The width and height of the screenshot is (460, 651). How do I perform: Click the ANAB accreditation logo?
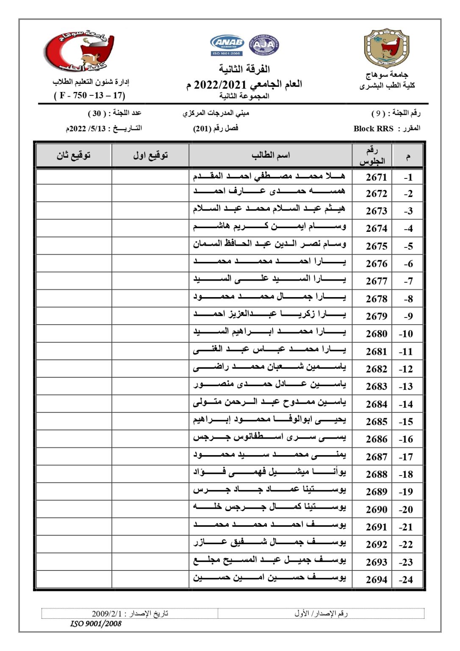227,45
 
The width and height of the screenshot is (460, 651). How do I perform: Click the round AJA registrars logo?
263,45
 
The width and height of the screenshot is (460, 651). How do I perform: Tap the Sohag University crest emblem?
386,48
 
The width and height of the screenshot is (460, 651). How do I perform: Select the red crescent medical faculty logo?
80,50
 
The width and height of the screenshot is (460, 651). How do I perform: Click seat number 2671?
376,177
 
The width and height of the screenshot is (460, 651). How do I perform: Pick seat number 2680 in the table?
376,334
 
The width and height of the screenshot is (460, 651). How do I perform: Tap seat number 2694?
376,580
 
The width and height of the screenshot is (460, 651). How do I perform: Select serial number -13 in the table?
406,387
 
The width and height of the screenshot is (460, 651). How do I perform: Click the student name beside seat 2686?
269,437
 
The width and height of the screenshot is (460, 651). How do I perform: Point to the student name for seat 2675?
269,244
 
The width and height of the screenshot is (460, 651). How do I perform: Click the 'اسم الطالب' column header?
271,156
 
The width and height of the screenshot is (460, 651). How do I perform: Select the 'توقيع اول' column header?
150,156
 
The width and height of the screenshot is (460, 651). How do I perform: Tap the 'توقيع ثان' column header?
74,156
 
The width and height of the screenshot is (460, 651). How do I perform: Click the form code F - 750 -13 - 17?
89,95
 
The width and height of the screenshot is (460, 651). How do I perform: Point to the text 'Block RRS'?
373,129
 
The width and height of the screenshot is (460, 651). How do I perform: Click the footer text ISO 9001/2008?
96,624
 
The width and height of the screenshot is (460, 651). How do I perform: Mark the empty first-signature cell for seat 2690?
150,509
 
